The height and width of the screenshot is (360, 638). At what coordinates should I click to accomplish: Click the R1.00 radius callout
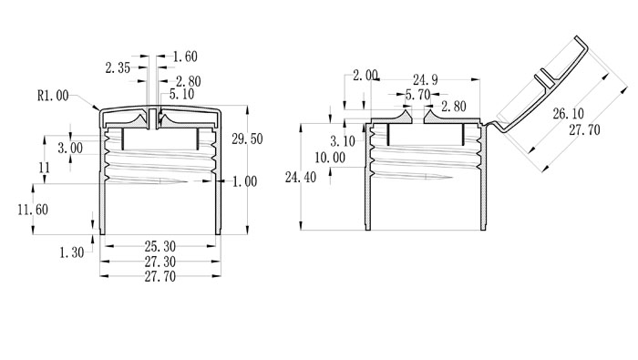click(53, 96)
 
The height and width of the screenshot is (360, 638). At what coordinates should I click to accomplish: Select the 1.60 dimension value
click(185, 57)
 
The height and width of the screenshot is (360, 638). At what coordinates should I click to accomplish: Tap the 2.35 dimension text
click(118, 68)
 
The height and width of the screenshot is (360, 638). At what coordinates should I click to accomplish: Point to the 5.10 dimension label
click(181, 95)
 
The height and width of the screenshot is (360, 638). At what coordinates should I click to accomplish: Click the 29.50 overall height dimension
click(247, 139)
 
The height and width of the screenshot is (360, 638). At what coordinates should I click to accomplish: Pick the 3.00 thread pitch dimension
click(70, 148)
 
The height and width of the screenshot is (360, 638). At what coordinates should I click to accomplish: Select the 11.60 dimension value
click(33, 210)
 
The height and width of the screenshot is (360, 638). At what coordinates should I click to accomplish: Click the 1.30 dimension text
click(72, 252)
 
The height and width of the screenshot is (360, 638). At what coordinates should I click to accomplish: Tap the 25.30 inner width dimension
click(160, 246)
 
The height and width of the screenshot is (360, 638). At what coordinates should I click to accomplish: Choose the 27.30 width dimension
click(160, 262)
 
